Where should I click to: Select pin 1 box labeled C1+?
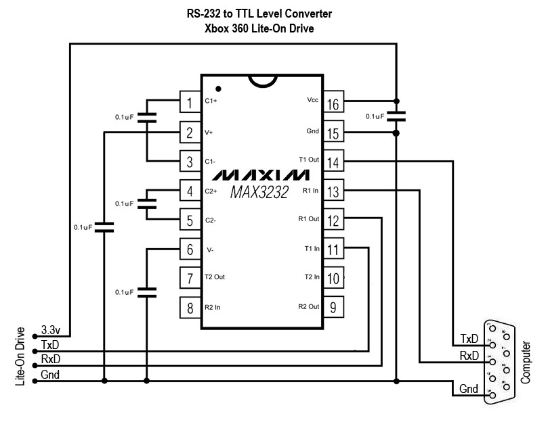(190, 103)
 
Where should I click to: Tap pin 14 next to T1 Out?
(333, 162)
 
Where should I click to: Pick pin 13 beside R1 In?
(333, 192)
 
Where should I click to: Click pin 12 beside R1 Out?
(333, 220)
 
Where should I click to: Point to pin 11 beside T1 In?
(333, 250)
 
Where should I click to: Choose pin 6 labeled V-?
(190, 250)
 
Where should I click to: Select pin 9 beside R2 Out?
(333, 308)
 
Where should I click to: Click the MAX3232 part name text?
(259, 192)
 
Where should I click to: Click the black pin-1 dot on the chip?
(218, 89)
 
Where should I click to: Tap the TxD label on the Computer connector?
(469, 339)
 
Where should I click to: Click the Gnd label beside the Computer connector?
(469, 390)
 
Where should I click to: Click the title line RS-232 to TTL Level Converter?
(259, 14)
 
